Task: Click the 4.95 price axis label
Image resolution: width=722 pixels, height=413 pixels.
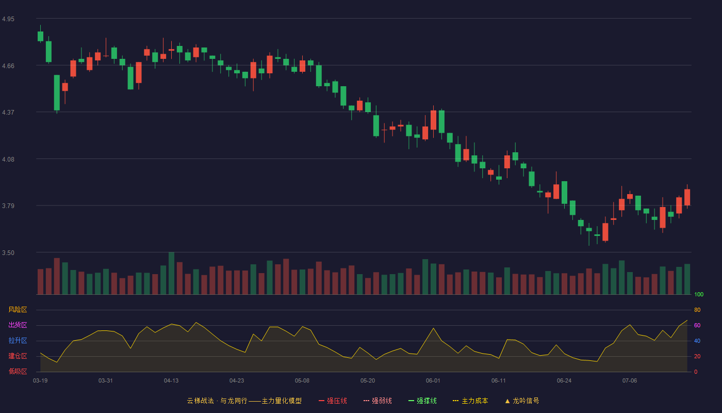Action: (8, 19)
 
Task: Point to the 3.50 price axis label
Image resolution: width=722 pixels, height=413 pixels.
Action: (8, 253)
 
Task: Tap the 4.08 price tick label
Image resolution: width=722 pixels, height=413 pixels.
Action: (8, 160)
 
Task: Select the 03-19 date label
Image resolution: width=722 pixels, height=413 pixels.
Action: (40, 381)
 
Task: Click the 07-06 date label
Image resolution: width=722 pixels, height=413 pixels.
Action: (630, 381)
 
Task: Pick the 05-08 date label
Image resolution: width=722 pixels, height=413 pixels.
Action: (302, 381)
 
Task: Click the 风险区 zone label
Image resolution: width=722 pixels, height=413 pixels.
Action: (18, 310)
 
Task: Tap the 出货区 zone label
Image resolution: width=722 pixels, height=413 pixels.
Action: (18, 325)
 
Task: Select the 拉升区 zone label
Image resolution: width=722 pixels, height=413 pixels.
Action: (18, 340)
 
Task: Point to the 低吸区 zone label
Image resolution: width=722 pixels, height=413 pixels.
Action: (18, 371)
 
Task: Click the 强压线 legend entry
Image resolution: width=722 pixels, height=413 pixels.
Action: (333, 401)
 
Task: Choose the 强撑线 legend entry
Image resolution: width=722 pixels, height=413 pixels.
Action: (422, 401)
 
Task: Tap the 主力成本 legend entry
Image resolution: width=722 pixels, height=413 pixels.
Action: (470, 401)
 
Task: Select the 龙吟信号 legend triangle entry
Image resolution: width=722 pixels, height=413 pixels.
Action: (522, 401)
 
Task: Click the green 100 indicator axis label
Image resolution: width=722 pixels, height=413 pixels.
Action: (699, 294)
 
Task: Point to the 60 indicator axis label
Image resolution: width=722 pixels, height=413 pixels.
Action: (697, 325)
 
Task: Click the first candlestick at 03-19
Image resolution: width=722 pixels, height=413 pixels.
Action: (40, 36)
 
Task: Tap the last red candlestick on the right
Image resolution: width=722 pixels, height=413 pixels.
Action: (687, 197)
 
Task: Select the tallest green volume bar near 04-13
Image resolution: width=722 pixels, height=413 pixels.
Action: (171, 273)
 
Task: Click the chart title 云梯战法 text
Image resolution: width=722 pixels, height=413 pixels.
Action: (200, 401)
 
